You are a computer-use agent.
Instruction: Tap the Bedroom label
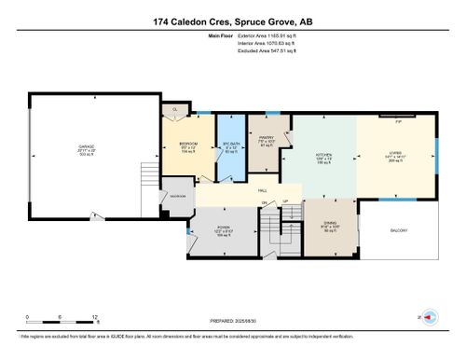(187, 145)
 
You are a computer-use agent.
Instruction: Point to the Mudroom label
(177, 196)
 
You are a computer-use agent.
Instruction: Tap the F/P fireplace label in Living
(398, 120)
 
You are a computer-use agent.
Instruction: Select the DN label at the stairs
(265, 202)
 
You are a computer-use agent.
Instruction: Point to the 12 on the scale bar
(95, 316)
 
